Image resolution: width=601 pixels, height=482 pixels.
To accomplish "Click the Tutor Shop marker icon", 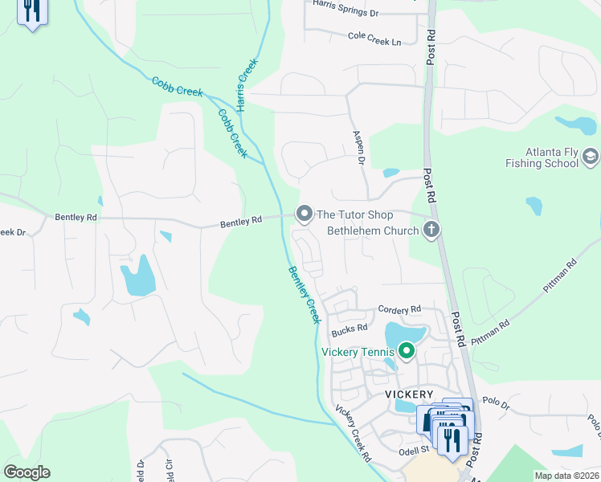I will (x=304, y=214).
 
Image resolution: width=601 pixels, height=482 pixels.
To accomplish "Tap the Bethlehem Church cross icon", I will (x=431, y=231).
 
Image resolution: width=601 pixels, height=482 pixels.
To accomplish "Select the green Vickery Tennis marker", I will (x=407, y=351).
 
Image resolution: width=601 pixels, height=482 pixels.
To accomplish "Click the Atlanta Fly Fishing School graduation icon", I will (x=591, y=156).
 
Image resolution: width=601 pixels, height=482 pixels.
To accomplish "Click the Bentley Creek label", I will (x=303, y=295).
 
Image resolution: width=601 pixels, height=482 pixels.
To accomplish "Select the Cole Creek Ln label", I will (x=374, y=37).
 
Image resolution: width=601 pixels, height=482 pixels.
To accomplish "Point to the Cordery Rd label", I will (x=399, y=309).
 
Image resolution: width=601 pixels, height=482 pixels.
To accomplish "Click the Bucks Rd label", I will (x=350, y=329).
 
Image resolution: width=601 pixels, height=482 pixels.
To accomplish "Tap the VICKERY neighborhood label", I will (x=409, y=394).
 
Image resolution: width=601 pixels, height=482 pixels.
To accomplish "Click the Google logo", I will (x=27, y=472).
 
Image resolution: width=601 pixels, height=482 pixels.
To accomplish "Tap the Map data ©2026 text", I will (x=566, y=476).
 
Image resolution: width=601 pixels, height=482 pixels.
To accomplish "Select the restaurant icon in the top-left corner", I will (x=31, y=11).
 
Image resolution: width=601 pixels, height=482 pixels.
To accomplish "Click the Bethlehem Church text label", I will (x=373, y=231).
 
